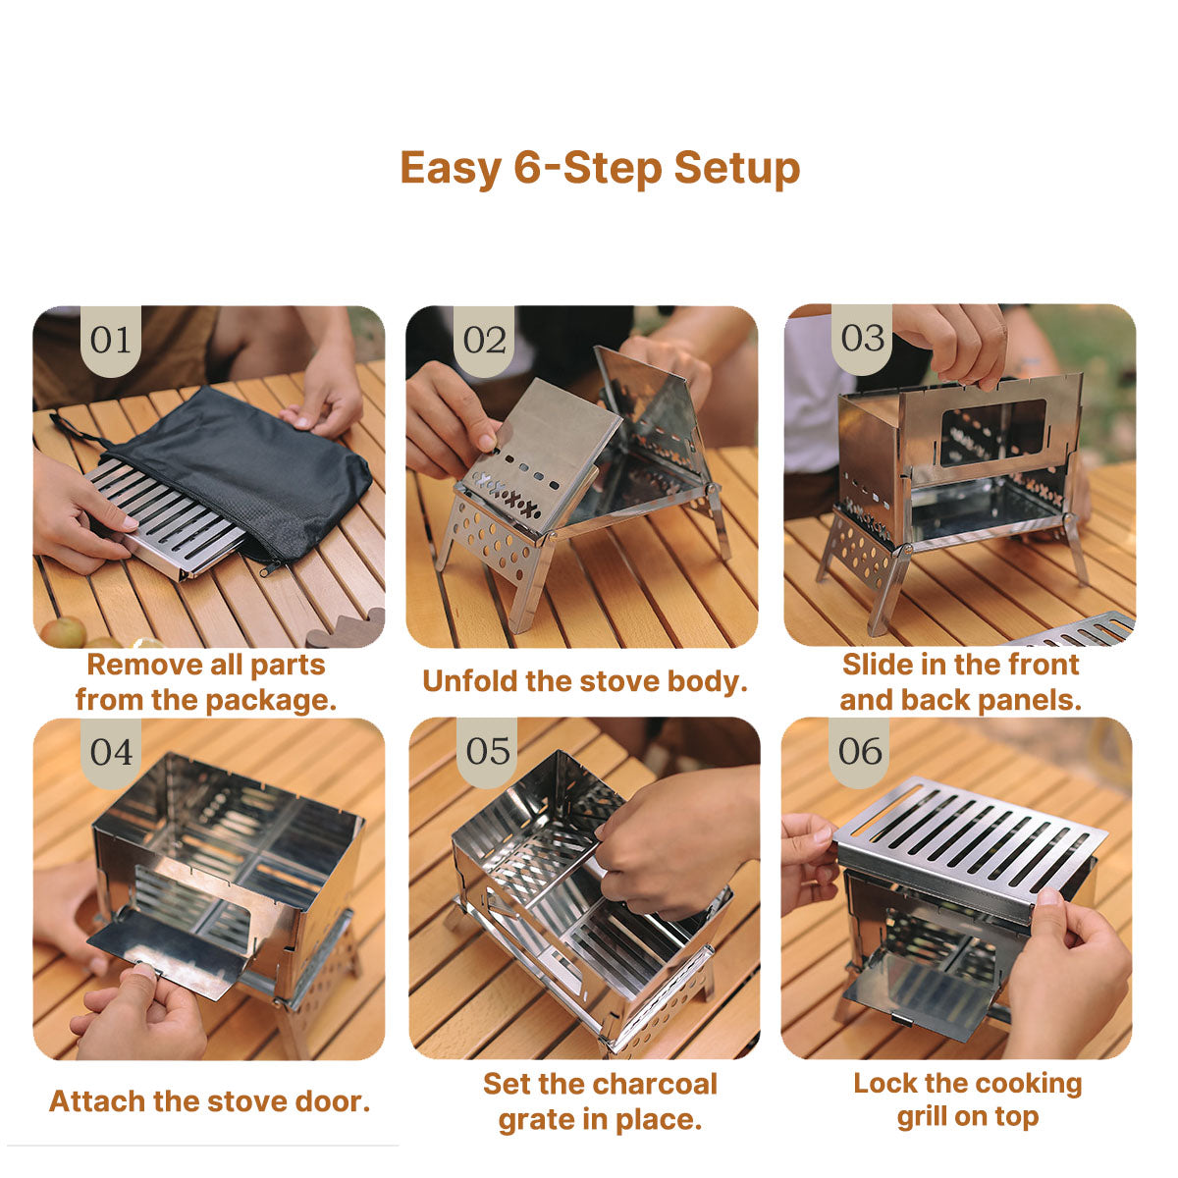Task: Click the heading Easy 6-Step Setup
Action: [x=600, y=168]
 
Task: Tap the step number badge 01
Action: [x=110, y=341]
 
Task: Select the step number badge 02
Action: [x=484, y=341]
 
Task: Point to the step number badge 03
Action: [x=862, y=339]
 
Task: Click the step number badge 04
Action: [x=110, y=753]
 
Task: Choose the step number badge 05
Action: [x=488, y=752]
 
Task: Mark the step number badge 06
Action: [x=860, y=752]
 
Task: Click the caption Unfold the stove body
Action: [x=585, y=681]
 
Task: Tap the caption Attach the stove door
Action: [x=209, y=1101]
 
